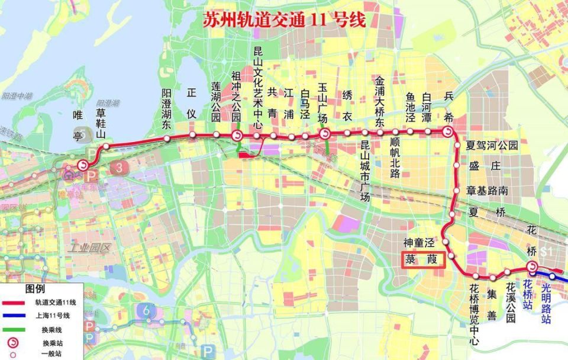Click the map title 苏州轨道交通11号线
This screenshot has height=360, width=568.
pyautogui.click(x=284, y=20)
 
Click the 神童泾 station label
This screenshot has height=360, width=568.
pyautogui.click(x=419, y=242)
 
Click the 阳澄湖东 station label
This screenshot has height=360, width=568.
pyautogui.click(x=167, y=109)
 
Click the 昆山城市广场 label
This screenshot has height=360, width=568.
pyautogui.click(x=365, y=171)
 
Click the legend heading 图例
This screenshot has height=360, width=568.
pyautogui.click(x=35, y=290)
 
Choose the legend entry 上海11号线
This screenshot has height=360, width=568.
pyautogui.click(x=55, y=315)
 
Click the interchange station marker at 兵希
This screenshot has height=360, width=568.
pyautogui.click(x=448, y=133)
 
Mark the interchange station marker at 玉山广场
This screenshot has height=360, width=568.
pyautogui.click(x=325, y=134)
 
